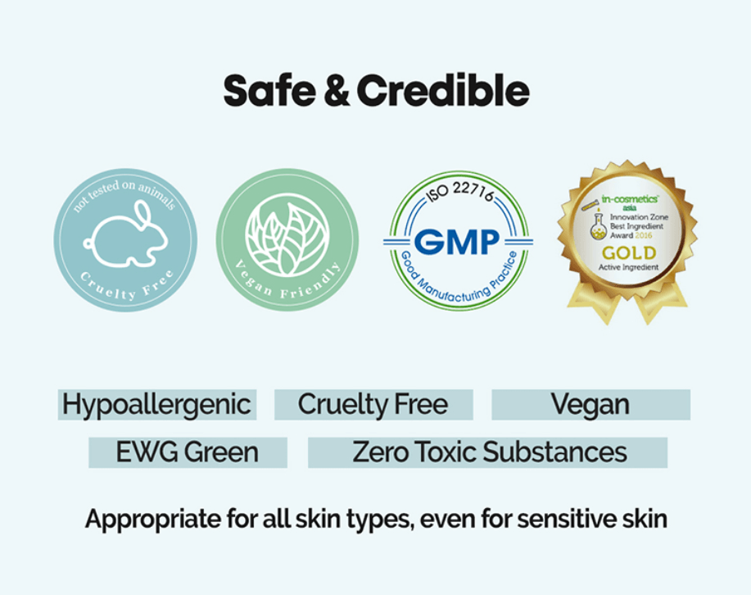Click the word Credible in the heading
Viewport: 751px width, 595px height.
[443, 91]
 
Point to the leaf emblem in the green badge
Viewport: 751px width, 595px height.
[286, 238]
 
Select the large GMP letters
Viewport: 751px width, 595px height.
[457, 241]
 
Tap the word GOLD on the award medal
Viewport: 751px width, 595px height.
[629, 252]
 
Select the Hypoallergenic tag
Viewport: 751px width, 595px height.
[156, 404]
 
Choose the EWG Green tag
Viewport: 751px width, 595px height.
[188, 452]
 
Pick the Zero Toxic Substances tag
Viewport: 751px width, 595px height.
[489, 452]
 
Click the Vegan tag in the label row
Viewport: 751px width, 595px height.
[590, 404]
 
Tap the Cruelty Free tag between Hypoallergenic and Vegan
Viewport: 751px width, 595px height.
[373, 404]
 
